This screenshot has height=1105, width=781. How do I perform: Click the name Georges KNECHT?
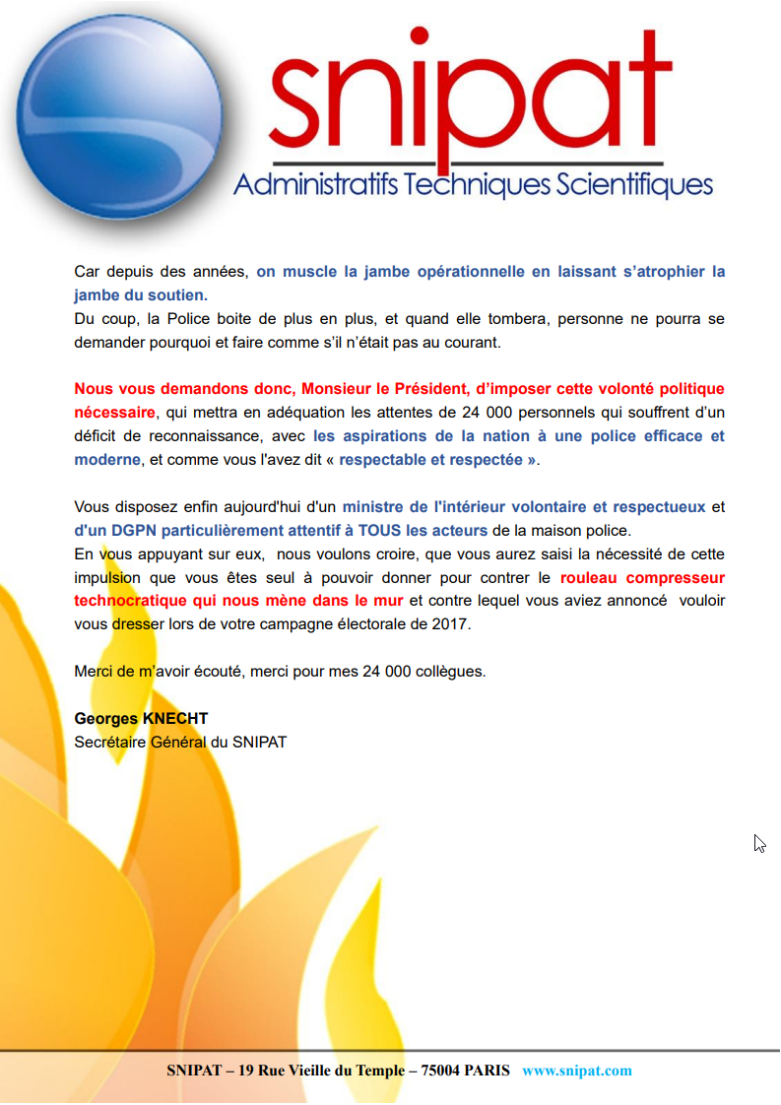pos(141,719)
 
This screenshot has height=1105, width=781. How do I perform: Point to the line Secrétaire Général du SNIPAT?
pos(180,742)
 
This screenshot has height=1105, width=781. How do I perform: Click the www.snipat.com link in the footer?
pos(577,1071)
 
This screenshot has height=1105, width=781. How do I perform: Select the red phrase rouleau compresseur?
pos(642,578)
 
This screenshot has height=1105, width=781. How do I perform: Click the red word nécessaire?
pos(114,413)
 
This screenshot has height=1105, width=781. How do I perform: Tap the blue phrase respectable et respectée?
pos(437,460)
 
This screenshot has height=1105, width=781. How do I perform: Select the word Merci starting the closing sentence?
pos(95,672)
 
